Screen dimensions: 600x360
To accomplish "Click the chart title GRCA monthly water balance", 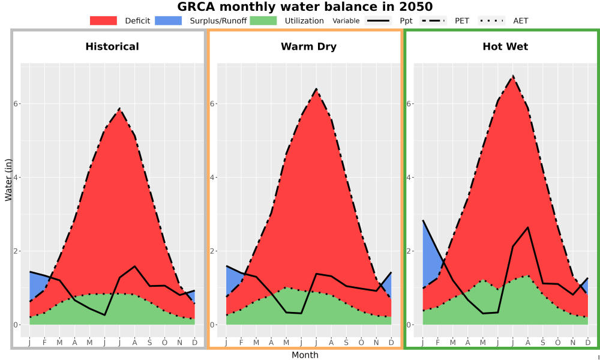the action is click(305, 7).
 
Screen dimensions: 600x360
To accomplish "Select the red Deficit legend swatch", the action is click(103, 20).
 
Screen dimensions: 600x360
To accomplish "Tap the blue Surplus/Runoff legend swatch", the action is click(169, 20).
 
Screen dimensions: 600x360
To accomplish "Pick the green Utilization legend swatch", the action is click(263, 20).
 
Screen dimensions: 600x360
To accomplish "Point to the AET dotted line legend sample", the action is click(491, 20).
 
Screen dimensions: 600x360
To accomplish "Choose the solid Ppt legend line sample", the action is click(378, 20).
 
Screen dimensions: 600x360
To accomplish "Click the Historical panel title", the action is click(112, 47).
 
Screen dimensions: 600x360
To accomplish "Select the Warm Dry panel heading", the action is click(309, 47).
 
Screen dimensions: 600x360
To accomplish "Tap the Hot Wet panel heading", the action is click(505, 47).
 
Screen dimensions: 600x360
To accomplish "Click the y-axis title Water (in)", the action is click(8, 180).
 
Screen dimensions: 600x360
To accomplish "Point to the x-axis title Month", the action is click(305, 355).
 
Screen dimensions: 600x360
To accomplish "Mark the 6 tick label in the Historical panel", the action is click(16, 104).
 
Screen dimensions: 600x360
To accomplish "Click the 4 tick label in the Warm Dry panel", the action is click(213, 178).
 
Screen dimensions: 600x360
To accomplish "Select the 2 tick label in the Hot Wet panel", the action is click(409, 251).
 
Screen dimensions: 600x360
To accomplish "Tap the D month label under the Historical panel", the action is click(195, 343).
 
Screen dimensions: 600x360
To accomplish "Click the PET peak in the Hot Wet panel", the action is click(513, 76).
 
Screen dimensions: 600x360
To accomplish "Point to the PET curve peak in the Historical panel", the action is click(119, 109).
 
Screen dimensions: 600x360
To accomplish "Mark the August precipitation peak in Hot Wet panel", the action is click(528, 227).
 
